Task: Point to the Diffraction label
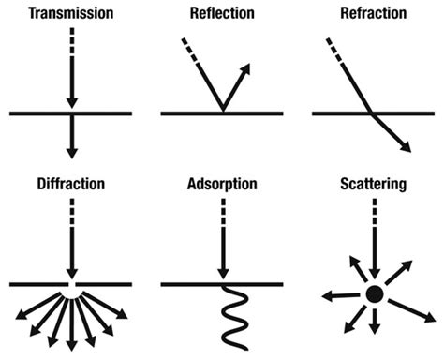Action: [x=71, y=185]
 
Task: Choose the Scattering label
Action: [x=373, y=185]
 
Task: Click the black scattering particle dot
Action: [x=373, y=294]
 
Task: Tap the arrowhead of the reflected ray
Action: [x=248, y=68]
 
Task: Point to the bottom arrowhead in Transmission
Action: [x=71, y=149]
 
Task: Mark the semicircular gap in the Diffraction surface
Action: [x=71, y=285]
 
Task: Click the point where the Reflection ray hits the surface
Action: [x=221, y=112]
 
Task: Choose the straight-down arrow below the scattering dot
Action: [x=373, y=323]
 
